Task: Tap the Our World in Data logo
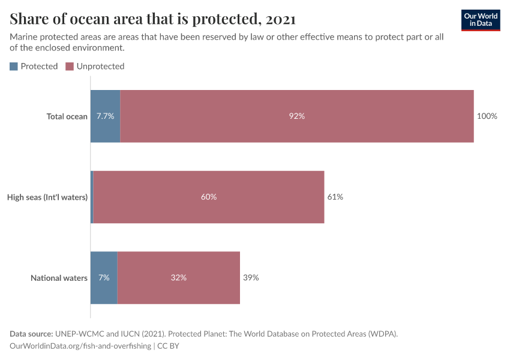coord(481,20)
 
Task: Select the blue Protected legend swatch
coord(14,67)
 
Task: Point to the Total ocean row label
coord(67,116)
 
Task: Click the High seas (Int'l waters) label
coord(47,197)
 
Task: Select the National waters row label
coord(59,278)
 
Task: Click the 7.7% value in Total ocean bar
coord(105,116)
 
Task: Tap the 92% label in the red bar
coord(296,116)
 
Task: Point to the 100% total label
coord(487,116)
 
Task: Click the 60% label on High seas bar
coord(209,197)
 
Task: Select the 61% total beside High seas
coord(335,197)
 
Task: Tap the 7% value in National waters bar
coord(104,278)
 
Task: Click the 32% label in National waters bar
coord(178,278)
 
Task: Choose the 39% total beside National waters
coord(251,278)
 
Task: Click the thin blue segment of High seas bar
coord(92,197)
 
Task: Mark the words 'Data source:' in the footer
coord(31,334)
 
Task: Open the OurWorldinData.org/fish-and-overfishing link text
coord(80,346)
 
